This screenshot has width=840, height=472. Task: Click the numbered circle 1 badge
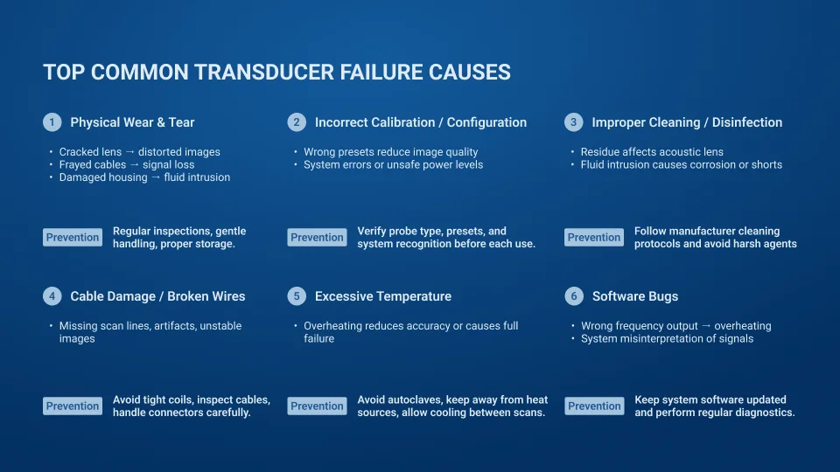coord(52,122)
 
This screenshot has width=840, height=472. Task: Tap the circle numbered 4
coord(52,296)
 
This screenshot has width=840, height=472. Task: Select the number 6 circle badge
coord(574,296)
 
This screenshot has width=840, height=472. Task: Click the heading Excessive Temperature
coord(383,296)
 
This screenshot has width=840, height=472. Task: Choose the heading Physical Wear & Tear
coord(132,122)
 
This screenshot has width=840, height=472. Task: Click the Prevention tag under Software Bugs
coord(594,406)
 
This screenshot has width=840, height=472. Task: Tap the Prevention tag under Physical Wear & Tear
coord(73,238)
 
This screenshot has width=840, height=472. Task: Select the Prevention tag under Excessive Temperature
coord(317,406)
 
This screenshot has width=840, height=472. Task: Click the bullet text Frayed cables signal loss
coord(127,164)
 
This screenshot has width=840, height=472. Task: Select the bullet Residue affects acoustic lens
coord(652,152)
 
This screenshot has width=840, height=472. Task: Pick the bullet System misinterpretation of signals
coord(667,338)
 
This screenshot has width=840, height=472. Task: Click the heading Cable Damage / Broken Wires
coord(157,296)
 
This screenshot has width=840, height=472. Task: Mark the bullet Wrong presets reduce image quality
coord(390,152)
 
